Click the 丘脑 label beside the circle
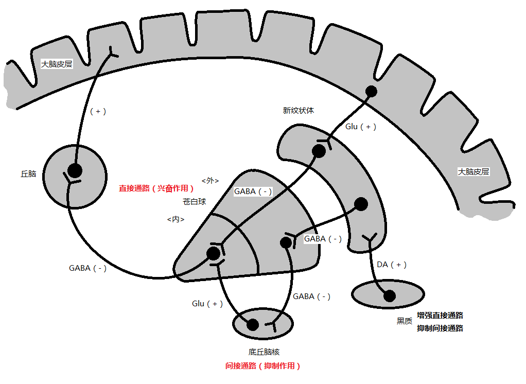tap(28, 173)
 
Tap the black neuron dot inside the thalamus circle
tap(75, 170)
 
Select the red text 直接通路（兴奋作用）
tap(156, 188)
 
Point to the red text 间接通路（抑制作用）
tap(262, 365)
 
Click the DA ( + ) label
tap(392, 265)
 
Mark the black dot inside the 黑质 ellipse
tap(390, 296)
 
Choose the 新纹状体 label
tap(298, 110)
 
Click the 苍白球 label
tap(194, 202)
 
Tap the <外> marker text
tap(210, 181)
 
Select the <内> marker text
tap(176, 219)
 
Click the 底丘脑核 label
tap(264, 352)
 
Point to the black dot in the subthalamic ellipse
tap(253, 324)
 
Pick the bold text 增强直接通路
tap(440, 315)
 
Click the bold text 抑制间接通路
tap(440, 328)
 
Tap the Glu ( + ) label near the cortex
tap(361, 127)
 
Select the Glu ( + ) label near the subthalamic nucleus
tap(207, 304)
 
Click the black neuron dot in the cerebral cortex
tap(371, 91)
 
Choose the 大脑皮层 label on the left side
tap(57, 64)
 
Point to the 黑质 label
tap(404, 321)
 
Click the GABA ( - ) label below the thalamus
tap(87, 268)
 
